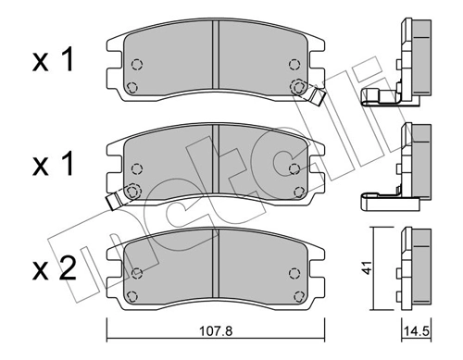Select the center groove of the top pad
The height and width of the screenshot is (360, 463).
[215, 60]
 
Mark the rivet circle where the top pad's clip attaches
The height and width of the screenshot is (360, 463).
[298, 86]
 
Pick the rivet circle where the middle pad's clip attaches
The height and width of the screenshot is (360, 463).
[132, 192]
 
